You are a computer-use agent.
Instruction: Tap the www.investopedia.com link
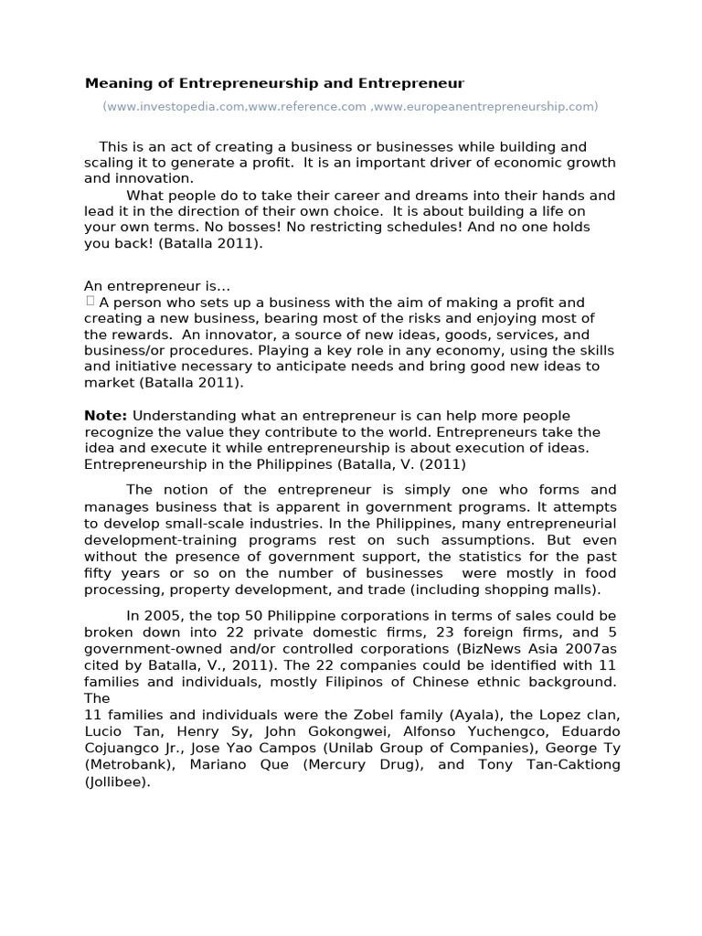pos(175,107)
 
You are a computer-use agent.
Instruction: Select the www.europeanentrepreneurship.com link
pos(485,107)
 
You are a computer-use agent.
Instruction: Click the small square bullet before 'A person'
pos(90,301)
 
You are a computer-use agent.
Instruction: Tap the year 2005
pos(161,616)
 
